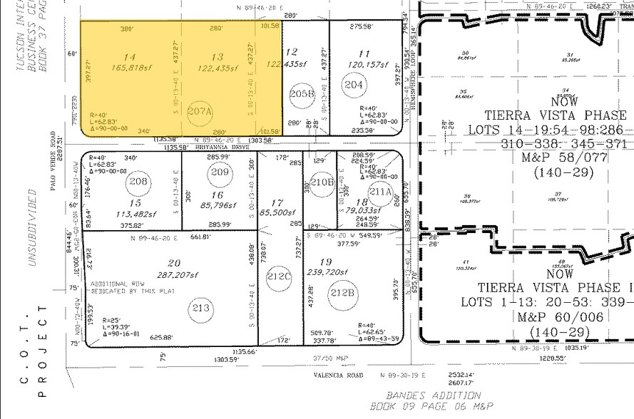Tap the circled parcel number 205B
pos(302,93)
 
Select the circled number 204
pos(354,85)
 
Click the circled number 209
pos(220,172)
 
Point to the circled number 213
pos(202,308)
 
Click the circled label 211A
pos(381,190)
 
